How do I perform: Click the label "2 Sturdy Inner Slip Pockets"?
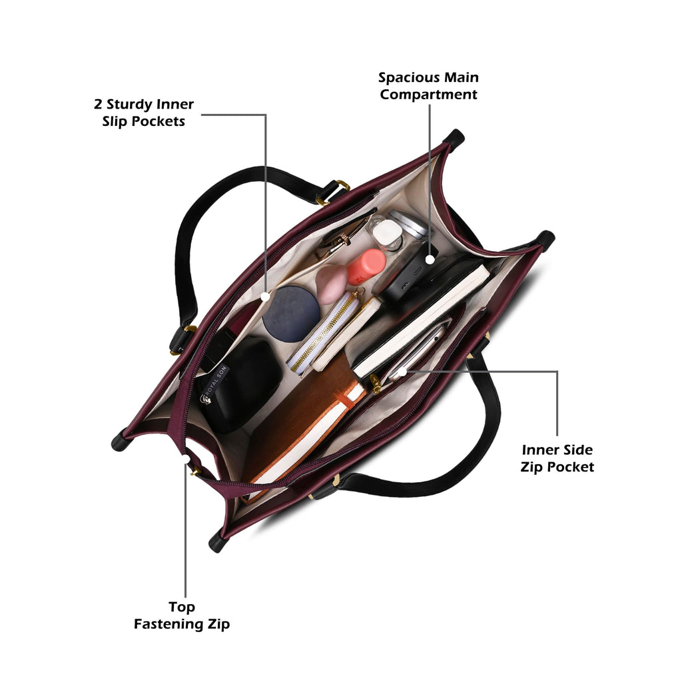tap(144, 113)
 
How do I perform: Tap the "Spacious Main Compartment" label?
tap(428, 86)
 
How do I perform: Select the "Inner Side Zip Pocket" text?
tap(557, 458)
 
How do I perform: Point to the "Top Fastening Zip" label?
tap(181, 615)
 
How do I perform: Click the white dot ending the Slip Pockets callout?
tap(265, 296)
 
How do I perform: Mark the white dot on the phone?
tap(402, 372)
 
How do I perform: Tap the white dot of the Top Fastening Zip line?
tap(186, 460)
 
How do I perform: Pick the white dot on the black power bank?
tap(430, 260)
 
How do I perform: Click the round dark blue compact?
tap(291, 313)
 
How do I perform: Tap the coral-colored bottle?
tap(366, 266)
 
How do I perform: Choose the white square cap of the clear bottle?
tap(386, 232)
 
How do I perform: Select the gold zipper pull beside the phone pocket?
tap(374, 384)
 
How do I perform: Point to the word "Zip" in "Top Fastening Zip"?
tap(218, 624)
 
